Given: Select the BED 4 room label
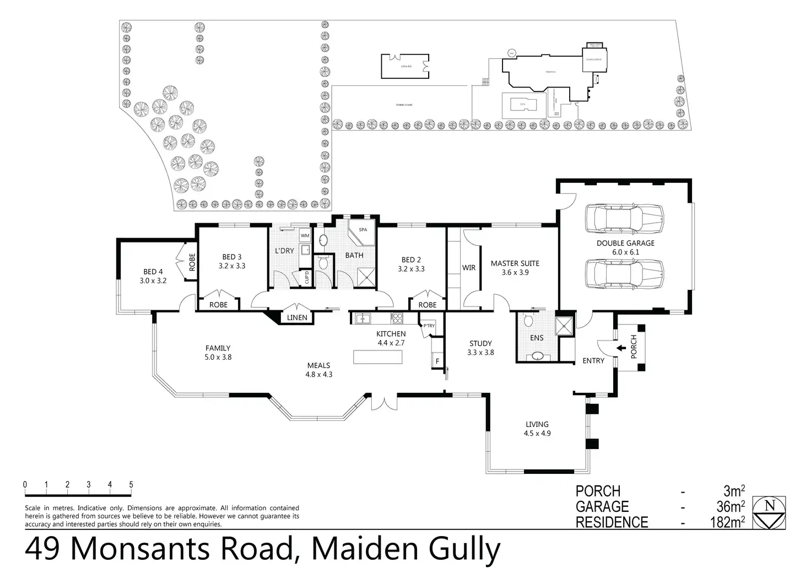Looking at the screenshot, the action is (153, 272).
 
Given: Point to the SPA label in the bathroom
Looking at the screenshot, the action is (363, 230).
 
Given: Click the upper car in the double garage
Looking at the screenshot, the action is (625, 219).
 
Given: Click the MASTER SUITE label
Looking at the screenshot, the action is (515, 263).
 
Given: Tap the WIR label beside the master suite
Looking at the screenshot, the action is (469, 268).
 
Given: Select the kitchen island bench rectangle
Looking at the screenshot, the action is (378, 356).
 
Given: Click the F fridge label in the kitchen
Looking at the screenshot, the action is (437, 361).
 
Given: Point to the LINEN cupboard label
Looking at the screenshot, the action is (297, 318).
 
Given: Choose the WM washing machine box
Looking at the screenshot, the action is (305, 236).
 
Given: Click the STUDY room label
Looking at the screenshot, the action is (480, 343).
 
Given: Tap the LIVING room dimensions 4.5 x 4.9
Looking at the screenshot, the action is (537, 433).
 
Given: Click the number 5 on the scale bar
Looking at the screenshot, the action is (131, 485).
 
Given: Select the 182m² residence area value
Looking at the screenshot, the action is (727, 522).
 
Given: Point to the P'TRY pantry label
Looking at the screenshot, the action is (429, 326).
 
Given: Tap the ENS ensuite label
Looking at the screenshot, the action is (537, 338).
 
